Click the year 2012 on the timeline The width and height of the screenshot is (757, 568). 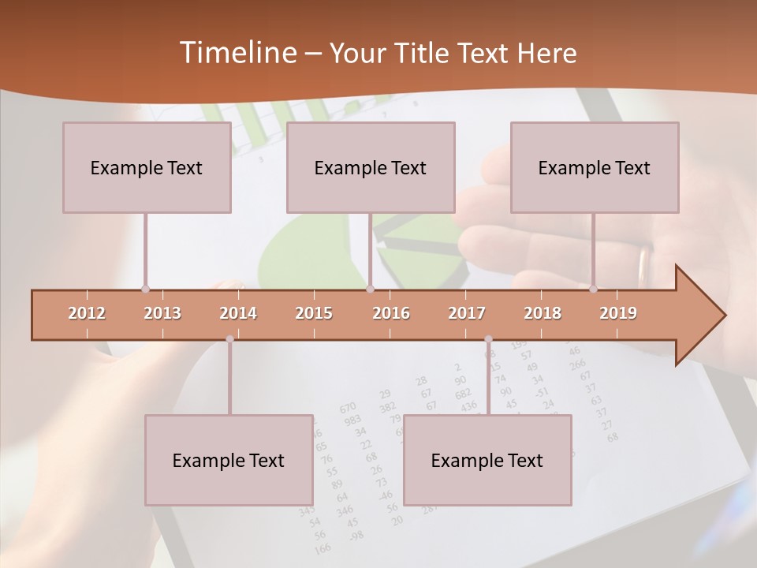pyautogui.click(x=87, y=313)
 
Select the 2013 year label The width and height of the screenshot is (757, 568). pyautogui.click(x=162, y=313)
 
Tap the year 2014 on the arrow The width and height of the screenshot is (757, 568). pyautogui.click(x=238, y=313)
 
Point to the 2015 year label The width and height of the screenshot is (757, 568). pyautogui.click(x=314, y=313)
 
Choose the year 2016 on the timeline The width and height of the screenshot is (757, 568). pyautogui.click(x=391, y=313)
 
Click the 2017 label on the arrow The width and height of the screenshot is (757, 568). pyautogui.click(x=467, y=313)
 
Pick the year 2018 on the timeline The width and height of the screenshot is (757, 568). pyautogui.click(x=543, y=313)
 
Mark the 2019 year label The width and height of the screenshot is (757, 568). pyautogui.click(x=618, y=313)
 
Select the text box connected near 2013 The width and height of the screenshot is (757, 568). pyautogui.click(x=147, y=167)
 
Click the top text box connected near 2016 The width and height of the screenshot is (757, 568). pyautogui.click(x=371, y=167)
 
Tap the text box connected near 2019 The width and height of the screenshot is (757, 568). pyautogui.click(x=595, y=167)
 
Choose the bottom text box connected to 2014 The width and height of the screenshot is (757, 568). pyautogui.click(x=229, y=460)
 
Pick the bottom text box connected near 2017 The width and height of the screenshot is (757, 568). pyautogui.click(x=487, y=460)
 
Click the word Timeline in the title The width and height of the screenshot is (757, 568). pyautogui.click(x=237, y=52)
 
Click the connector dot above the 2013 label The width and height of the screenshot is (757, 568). pyautogui.click(x=145, y=289)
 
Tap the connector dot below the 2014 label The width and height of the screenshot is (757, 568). pyautogui.click(x=229, y=339)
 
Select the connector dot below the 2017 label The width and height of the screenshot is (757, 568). pyautogui.click(x=488, y=339)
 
